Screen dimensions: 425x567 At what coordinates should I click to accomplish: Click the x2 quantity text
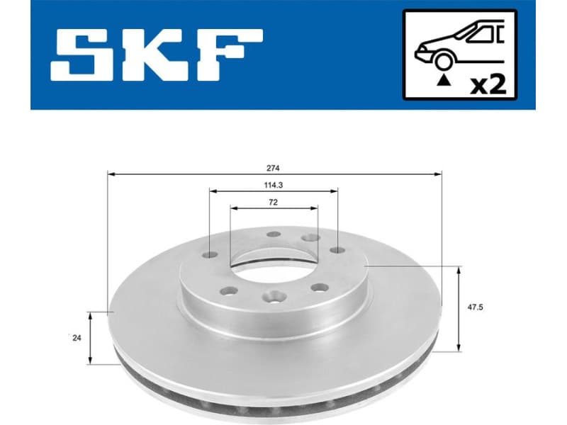click(488, 86)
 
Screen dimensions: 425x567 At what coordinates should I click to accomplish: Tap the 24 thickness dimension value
click(77, 338)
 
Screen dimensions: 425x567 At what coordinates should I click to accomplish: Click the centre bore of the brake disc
click(273, 267)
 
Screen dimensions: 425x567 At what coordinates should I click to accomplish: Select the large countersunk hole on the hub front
click(274, 300)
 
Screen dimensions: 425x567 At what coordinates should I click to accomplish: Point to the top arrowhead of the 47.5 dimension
click(461, 270)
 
